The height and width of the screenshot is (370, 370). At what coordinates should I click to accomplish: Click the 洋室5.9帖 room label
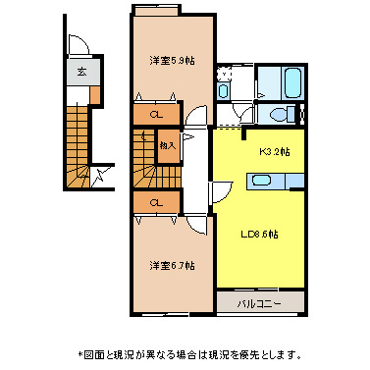pos(172,61)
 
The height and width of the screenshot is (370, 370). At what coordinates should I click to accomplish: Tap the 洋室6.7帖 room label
pos(172,265)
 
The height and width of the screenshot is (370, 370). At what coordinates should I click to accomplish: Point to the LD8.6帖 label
pos(260,235)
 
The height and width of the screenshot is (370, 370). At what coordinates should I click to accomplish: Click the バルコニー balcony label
pos(259,304)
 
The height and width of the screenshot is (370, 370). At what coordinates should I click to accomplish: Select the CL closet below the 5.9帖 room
pos(156,115)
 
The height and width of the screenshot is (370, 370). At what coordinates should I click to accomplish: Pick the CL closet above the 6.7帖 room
pos(156,202)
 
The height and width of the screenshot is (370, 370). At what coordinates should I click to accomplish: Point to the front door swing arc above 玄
pos(81,46)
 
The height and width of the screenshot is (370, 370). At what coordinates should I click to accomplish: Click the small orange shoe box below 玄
pos(97,91)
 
